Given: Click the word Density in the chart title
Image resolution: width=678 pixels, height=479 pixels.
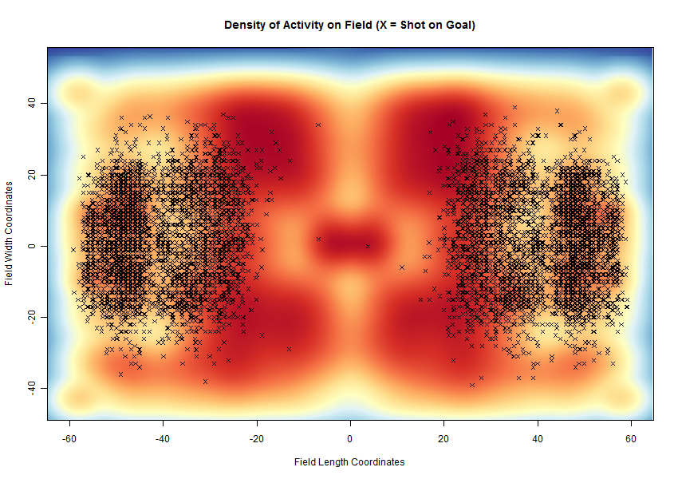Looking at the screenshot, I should click(x=245, y=26).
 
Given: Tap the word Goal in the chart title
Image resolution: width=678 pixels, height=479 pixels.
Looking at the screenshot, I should click(x=457, y=26).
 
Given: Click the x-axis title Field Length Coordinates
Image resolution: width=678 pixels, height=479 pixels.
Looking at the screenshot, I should click(x=349, y=462).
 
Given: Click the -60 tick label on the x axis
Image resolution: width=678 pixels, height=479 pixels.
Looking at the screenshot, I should click(x=69, y=438).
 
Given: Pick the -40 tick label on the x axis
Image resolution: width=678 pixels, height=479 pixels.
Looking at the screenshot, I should click(x=163, y=438).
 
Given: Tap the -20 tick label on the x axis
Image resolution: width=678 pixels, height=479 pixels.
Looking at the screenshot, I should click(x=256, y=438).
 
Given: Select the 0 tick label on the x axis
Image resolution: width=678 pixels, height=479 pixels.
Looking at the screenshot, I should click(x=350, y=438).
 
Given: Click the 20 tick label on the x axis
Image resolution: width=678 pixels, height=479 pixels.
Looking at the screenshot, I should click(x=443, y=438).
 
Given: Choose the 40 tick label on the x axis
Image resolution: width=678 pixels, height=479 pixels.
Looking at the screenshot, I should click(x=537, y=438).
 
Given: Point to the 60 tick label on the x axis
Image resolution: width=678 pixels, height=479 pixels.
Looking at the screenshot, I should click(x=630, y=438).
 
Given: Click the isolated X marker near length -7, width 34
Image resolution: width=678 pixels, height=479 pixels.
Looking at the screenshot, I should click(x=317, y=125).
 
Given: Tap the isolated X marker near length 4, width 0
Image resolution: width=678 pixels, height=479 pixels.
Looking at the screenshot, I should click(x=368, y=246).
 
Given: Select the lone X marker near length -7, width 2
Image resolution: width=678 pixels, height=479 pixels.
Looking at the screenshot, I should click(x=318, y=239).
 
